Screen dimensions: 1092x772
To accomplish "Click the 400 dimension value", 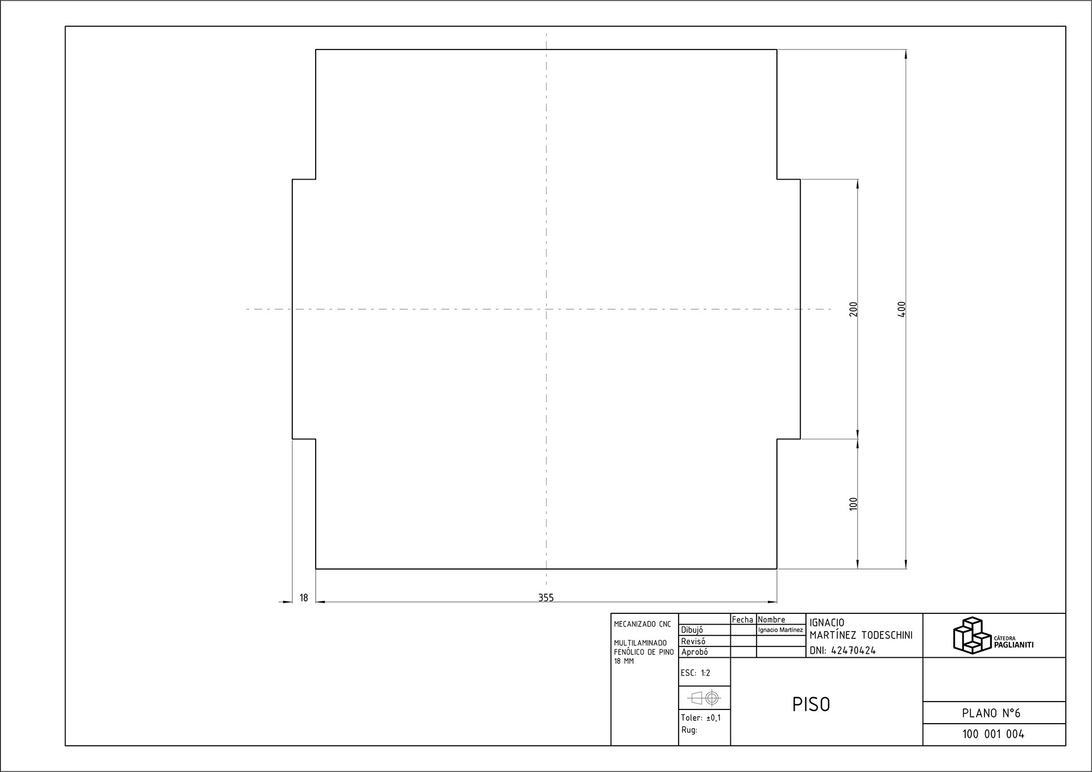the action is coord(901,309).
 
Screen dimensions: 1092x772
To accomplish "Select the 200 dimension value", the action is coord(853,309).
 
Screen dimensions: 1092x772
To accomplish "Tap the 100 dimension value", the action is coord(853,504).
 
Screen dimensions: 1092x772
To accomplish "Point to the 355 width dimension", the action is coord(546,597).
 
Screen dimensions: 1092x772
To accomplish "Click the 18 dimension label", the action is coord(304,597).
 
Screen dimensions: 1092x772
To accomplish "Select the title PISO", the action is coord(811,705).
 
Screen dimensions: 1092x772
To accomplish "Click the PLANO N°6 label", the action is coord(991,713).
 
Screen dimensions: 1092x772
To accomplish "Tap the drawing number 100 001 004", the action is coord(993,734).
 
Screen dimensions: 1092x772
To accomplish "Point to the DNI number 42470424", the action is coord(853,651).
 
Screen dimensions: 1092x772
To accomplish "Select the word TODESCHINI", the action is coord(887,636).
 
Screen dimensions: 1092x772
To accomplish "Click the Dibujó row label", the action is coord(692,630).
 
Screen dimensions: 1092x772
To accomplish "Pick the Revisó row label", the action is coord(693,641).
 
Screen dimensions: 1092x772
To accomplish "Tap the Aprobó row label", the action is coord(694,652).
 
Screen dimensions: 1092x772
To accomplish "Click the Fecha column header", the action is coord(742,620).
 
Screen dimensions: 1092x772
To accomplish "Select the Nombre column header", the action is coord(772,620).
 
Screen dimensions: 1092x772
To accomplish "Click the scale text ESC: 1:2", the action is coord(696,673).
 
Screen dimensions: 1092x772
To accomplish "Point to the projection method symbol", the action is coord(704,698).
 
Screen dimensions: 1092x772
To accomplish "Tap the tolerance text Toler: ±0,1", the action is coord(701,718).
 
